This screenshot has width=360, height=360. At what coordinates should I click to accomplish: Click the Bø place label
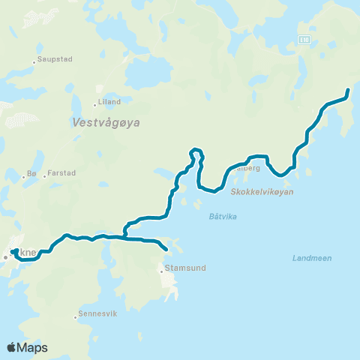pos(31,174)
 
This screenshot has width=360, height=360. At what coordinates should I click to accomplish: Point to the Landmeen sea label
pos(310,259)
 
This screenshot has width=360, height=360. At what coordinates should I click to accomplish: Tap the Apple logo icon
pos(12,347)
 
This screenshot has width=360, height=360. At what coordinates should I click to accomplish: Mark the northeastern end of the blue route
pos(348,91)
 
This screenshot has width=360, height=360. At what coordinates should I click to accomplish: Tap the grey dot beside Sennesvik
pos(76,316)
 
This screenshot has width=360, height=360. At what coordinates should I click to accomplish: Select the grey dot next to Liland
pos(95,104)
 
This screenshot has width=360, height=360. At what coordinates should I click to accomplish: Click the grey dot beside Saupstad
pos(34,61)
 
